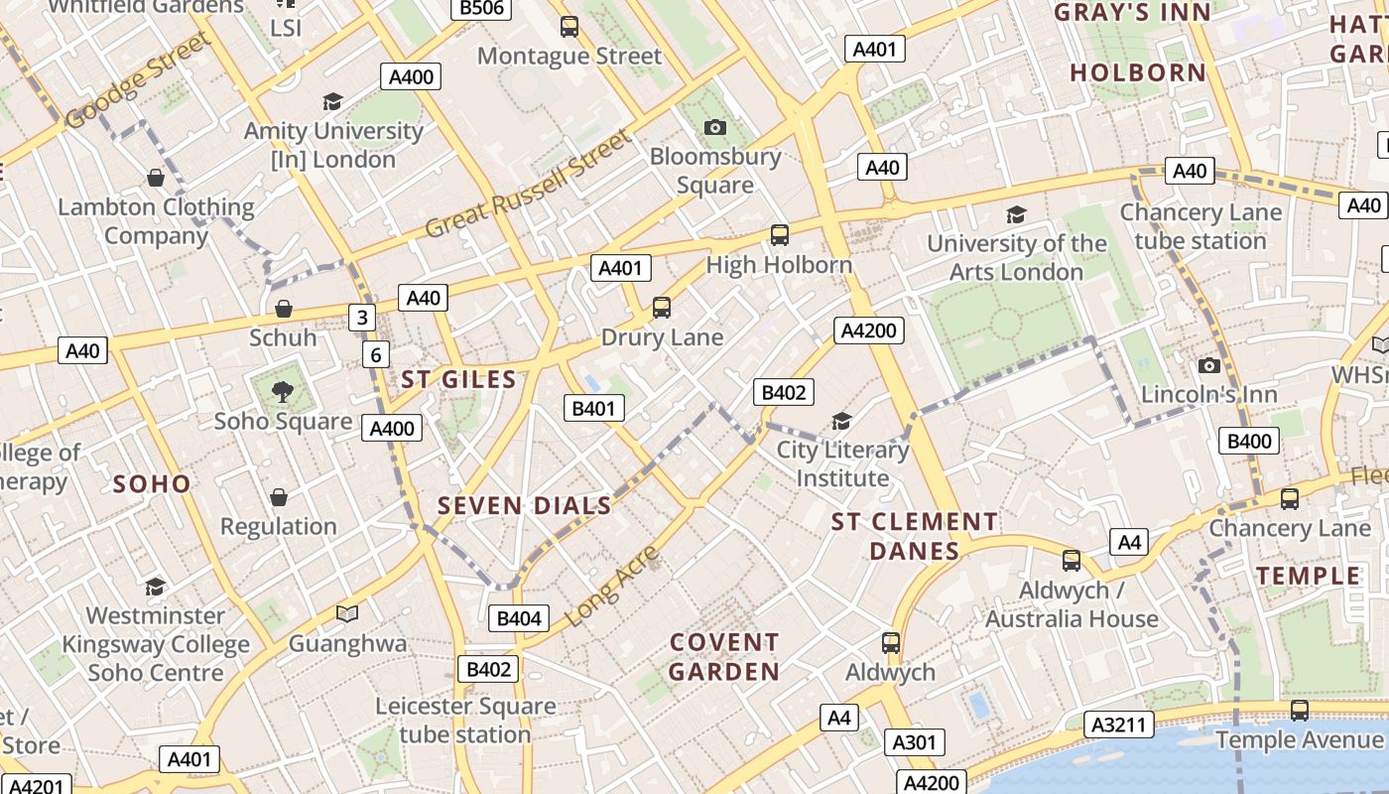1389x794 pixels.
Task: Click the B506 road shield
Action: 482,9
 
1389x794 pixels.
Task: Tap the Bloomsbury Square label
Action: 714,171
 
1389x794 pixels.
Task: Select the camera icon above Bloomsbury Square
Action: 714,127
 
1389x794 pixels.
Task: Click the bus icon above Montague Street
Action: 569,27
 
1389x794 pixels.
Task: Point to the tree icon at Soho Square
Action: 283,391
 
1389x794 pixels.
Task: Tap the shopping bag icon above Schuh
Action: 284,309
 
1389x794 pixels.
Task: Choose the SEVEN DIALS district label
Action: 525,505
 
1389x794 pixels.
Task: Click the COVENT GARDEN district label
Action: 724,657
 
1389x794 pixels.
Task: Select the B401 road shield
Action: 594,408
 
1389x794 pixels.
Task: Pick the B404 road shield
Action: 519,618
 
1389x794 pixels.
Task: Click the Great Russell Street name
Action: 528,184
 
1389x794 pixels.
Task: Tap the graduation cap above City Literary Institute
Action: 841,421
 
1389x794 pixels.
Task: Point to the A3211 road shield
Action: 1118,725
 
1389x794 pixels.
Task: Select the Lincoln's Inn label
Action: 1208,394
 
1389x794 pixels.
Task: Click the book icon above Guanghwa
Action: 346,614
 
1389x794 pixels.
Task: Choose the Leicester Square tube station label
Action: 465,721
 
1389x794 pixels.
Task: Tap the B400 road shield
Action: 1249,442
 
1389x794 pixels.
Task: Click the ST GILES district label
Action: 458,379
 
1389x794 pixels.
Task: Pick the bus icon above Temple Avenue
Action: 1299,711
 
